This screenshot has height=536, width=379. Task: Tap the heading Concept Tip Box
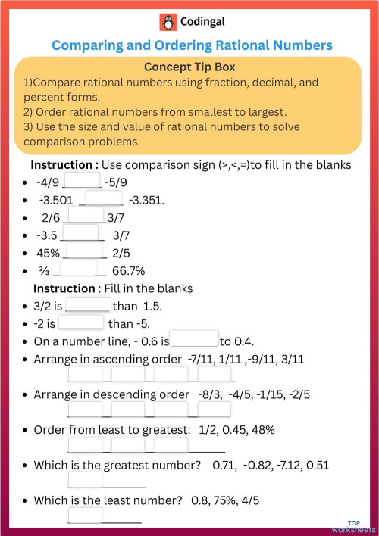point(189,67)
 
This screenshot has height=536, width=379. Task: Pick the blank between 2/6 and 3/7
point(85,217)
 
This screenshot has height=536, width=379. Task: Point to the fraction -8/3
point(208,394)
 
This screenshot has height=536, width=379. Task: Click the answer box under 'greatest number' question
point(85,480)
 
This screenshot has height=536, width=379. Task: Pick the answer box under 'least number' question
point(85,516)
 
